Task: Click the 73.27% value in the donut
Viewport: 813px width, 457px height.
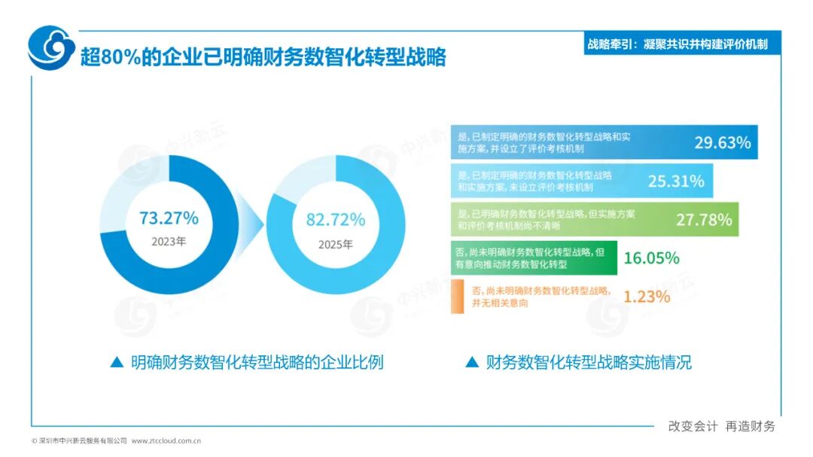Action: click(169, 218)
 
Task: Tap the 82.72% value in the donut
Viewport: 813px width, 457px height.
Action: click(335, 220)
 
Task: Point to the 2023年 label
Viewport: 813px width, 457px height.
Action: click(169, 243)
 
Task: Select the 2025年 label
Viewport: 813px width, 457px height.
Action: click(335, 244)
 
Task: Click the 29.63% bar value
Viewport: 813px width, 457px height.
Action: click(722, 142)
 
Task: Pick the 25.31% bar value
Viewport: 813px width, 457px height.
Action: click(676, 181)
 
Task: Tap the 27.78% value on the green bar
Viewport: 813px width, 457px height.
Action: click(704, 220)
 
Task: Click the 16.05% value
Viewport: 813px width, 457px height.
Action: click(651, 258)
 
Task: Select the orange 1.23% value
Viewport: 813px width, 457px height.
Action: click(646, 297)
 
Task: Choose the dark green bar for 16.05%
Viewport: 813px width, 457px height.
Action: click(534, 258)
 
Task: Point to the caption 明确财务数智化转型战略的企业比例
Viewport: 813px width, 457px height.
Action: click(257, 362)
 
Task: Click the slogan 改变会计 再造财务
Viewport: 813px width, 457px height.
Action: click(721, 426)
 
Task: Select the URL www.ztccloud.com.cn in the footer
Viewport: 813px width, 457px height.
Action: click(166, 440)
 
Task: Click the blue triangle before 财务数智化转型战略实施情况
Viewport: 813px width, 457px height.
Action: click(472, 362)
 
